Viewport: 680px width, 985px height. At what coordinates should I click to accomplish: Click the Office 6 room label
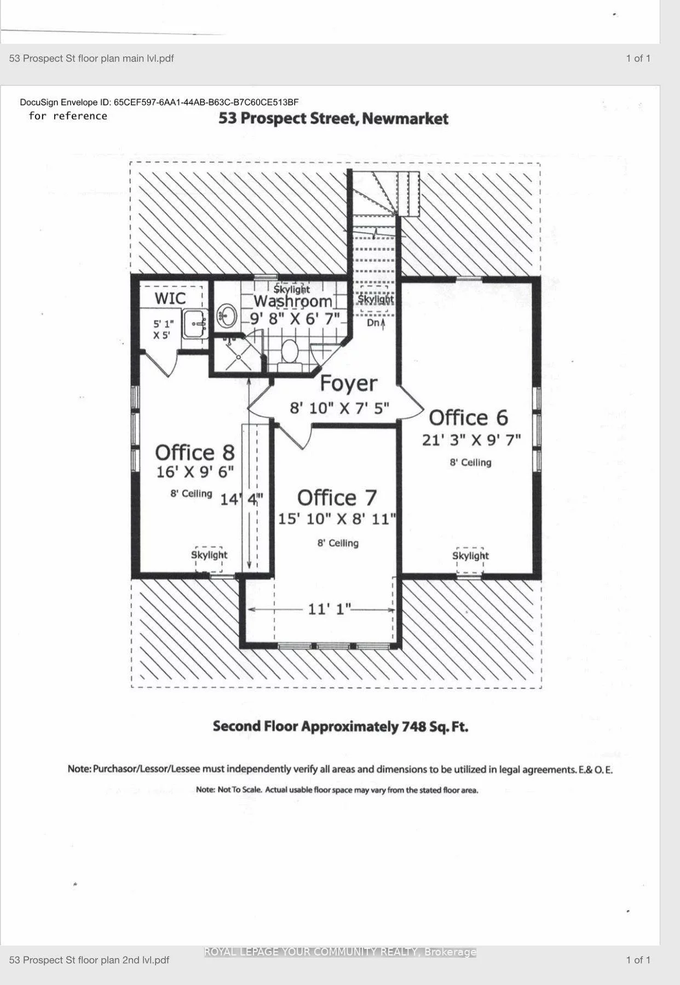pyautogui.click(x=468, y=418)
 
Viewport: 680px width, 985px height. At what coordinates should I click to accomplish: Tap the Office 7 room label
pyautogui.click(x=337, y=498)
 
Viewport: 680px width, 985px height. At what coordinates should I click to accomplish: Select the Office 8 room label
pyautogui.click(x=194, y=452)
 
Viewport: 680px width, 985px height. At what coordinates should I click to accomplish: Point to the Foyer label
pyautogui.click(x=348, y=383)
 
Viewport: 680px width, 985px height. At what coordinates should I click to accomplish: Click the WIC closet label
pyautogui.click(x=170, y=298)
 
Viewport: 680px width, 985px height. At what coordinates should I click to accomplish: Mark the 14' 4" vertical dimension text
pyautogui.click(x=241, y=499)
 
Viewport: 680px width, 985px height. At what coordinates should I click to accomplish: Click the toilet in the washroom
pyautogui.click(x=288, y=350)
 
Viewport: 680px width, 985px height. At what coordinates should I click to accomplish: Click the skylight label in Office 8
pyautogui.click(x=209, y=555)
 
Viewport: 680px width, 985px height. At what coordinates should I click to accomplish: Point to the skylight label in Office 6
pyautogui.click(x=470, y=556)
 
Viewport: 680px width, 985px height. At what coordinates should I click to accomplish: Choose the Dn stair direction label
pyautogui.click(x=376, y=323)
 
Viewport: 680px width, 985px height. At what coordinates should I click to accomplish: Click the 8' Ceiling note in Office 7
pyautogui.click(x=338, y=543)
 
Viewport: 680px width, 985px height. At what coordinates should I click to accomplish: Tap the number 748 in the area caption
pyautogui.click(x=414, y=727)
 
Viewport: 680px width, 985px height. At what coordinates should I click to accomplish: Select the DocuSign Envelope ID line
pyautogui.click(x=159, y=102)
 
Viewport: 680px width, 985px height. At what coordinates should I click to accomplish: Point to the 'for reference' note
pyautogui.click(x=68, y=116)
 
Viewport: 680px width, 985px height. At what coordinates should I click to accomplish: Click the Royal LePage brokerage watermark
pyautogui.click(x=340, y=952)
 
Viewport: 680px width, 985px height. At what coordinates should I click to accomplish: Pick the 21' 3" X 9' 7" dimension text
pyautogui.click(x=471, y=440)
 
